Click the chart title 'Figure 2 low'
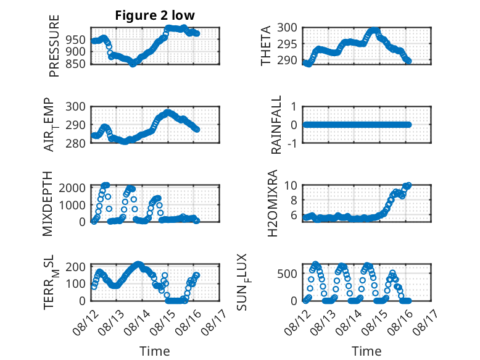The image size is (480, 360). pos(155,15)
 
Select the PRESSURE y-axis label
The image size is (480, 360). pos(54,46)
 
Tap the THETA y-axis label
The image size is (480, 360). pos(266,46)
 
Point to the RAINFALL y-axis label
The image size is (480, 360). pos(276,125)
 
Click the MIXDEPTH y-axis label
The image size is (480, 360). pos(48,204)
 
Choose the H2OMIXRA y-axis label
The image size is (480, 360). pos(273,203)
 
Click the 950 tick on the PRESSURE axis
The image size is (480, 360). pos(76,40)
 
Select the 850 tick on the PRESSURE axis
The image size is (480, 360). pos(76,64)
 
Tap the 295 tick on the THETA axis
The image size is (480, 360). pos(287,44)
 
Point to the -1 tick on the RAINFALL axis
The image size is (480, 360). pos(292,143)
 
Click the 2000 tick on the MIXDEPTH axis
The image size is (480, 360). pos(72,188)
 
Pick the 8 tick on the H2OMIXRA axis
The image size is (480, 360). pos(294,200)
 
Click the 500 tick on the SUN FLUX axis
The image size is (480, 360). pos(287,274)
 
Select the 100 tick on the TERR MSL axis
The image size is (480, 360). pos(76,283)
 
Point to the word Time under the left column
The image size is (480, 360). pos(155,351)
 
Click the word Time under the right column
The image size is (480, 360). pos(366,351)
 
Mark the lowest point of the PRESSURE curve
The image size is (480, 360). pos(133,64)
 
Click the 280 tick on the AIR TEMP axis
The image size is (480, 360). pos(76,143)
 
